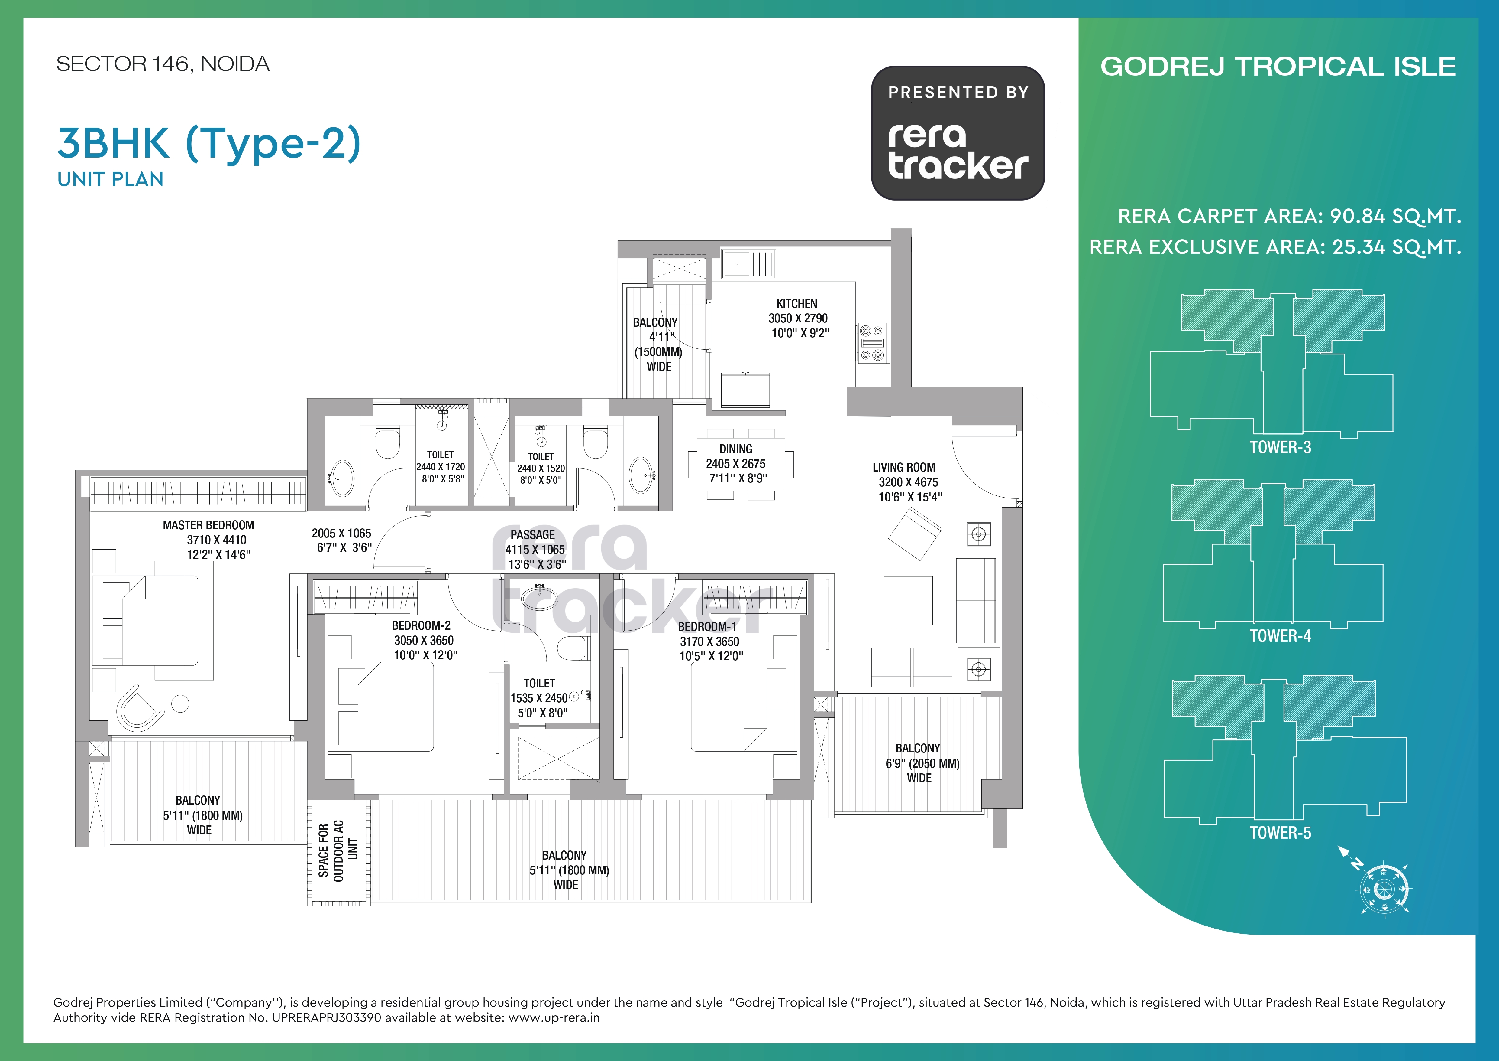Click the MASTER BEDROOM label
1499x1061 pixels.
(208, 525)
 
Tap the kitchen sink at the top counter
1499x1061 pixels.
(749, 264)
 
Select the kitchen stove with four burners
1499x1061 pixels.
(872, 343)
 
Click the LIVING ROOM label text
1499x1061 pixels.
(903, 467)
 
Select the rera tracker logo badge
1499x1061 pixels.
(958, 132)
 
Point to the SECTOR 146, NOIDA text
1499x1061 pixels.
(163, 64)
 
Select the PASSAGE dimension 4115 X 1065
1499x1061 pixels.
(535, 550)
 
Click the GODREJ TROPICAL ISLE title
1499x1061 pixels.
(1278, 67)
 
